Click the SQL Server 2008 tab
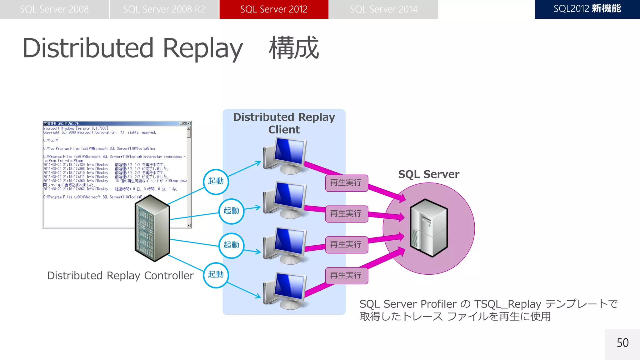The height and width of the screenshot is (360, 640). (54, 9)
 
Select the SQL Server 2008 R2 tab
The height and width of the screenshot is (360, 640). (164, 9)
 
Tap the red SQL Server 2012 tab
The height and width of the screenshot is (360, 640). (274, 9)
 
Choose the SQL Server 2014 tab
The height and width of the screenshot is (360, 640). (383, 9)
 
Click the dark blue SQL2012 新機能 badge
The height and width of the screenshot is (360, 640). (587, 9)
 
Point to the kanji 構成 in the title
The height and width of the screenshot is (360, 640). (294, 48)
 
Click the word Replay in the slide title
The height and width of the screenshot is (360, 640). (203, 48)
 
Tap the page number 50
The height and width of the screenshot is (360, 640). (622, 343)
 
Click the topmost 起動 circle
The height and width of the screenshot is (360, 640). (216, 182)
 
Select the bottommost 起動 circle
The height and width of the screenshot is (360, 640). (216, 275)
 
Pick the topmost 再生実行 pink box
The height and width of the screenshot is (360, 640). (346, 183)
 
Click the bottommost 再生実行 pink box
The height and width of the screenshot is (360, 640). (346, 275)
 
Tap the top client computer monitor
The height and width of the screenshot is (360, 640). (289, 152)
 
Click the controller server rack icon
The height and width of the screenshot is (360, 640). (152, 228)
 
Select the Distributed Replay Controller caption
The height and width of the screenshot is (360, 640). (120, 276)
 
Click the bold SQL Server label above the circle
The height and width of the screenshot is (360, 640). (428, 174)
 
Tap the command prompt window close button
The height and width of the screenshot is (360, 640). (189, 123)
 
